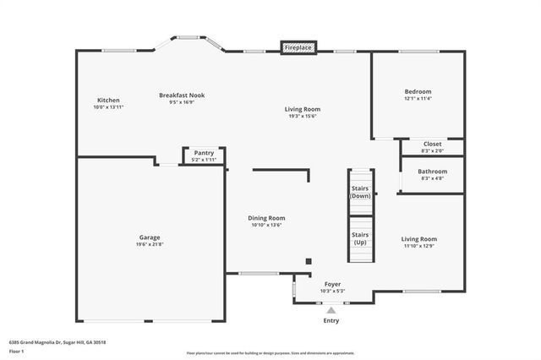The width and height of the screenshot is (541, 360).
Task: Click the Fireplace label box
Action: [x=298, y=48]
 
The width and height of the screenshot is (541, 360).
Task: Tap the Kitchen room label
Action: [x=108, y=101]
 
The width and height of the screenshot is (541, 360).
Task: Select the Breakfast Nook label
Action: [x=182, y=95]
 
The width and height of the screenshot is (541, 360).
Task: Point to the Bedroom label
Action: [x=418, y=91]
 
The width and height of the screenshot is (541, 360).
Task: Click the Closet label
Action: [x=431, y=145]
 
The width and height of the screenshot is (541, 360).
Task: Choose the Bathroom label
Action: [x=431, y=172]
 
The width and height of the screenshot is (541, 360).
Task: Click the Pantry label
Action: [x=204, y=153]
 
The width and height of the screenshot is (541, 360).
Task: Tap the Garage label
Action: [x=150, y=237]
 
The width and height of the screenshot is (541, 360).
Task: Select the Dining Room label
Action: [x=266, y=218]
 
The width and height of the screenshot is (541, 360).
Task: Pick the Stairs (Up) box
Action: [x=361, y=239]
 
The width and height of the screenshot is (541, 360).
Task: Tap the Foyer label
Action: [x=333, y=284]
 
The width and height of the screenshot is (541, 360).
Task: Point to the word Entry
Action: [x=332, y=320]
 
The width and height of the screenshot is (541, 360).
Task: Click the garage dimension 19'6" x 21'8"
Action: [x=150, y=245]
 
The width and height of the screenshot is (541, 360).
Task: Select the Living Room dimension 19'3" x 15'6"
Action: [x=302, y=116]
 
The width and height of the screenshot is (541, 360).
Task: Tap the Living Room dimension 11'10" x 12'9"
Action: [x=419, y=246]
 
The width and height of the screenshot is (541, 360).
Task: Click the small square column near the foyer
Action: [x=309, y=261]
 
